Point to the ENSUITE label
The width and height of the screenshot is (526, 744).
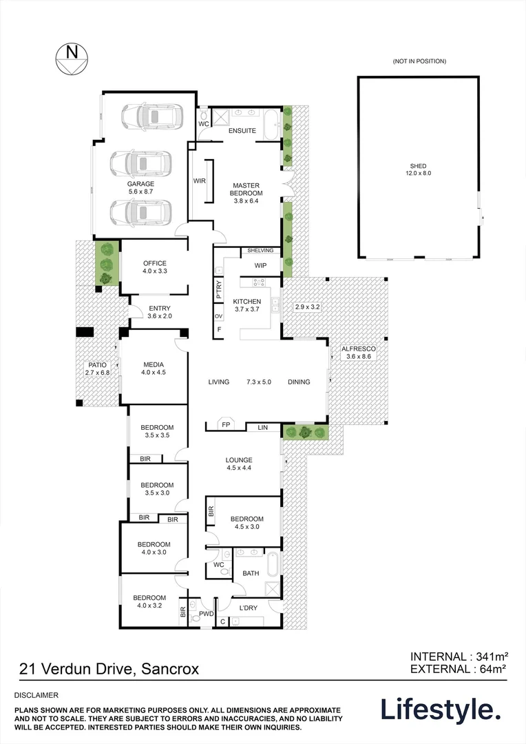coord(242,131)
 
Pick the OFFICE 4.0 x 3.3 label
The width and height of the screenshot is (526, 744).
coord(155,267)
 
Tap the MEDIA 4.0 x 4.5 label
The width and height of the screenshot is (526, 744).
coord(153,368)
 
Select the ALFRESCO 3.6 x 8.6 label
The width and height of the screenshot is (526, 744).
coord(356,353)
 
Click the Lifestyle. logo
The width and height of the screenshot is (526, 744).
coord(440,709)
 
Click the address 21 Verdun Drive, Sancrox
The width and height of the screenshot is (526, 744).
coord(99,668)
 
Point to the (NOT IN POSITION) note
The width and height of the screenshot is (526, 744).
coord(419,62)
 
